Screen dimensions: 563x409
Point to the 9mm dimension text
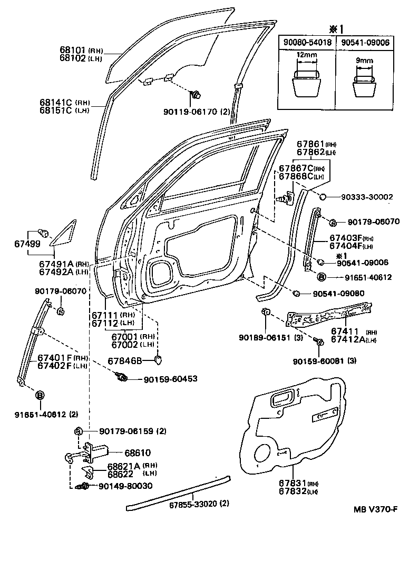(364, 61)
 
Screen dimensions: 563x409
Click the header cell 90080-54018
(306, 42)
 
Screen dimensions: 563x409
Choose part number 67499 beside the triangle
(23, 244)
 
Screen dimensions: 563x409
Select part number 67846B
(125, 361)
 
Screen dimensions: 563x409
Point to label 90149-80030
(125, 486)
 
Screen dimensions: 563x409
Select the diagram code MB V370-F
(375, 509)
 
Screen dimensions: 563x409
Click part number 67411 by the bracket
(345, 331)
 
